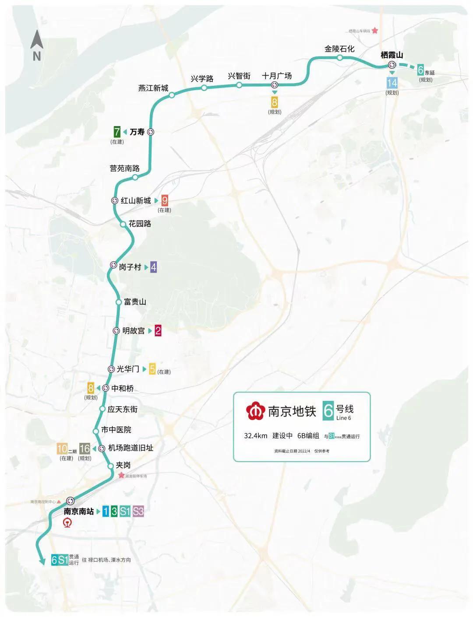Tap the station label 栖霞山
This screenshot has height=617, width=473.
392,55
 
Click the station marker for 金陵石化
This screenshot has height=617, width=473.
340,57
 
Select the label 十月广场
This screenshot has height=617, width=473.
277,76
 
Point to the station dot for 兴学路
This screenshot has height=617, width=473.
204,88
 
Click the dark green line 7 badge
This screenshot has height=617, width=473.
117,131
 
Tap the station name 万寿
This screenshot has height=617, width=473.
137,131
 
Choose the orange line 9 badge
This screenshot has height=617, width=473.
165,200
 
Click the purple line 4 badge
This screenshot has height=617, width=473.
153,267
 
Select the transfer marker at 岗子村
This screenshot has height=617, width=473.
113,265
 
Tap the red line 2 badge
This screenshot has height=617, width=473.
158,331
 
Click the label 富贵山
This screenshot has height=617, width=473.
135,301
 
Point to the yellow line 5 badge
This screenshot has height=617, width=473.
152,369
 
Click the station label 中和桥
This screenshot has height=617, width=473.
123,388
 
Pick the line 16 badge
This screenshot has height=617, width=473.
85,448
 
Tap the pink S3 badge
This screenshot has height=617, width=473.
138,511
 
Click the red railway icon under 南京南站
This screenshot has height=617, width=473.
68,522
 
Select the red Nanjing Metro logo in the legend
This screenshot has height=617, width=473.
255,411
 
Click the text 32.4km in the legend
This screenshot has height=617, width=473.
255,436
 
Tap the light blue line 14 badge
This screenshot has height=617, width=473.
392,82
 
